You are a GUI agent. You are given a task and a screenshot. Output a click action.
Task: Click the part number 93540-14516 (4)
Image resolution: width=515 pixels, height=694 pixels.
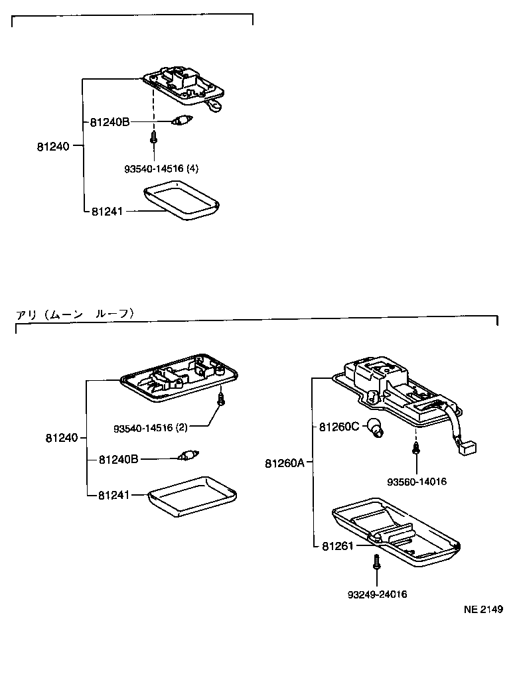click(x=161, y=169)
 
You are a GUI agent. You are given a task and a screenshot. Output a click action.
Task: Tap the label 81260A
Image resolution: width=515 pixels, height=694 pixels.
click(x=284, y=462)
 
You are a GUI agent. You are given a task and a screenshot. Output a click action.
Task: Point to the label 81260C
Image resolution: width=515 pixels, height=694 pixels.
click(x=338, y=427)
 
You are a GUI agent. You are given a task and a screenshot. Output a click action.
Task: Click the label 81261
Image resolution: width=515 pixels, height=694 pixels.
click(x=336, y=545)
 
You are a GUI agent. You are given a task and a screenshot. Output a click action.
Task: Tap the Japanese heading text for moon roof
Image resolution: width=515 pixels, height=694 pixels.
click(x=75, y=314)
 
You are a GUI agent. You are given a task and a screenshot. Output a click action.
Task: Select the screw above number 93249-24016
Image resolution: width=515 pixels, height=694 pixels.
click(x=376, y=563)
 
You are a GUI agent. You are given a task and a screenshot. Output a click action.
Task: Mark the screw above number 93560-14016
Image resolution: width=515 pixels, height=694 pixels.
click(x=415, y=449)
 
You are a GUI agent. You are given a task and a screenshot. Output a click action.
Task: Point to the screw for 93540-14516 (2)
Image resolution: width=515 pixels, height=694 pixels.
click(x=221, y=399)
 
